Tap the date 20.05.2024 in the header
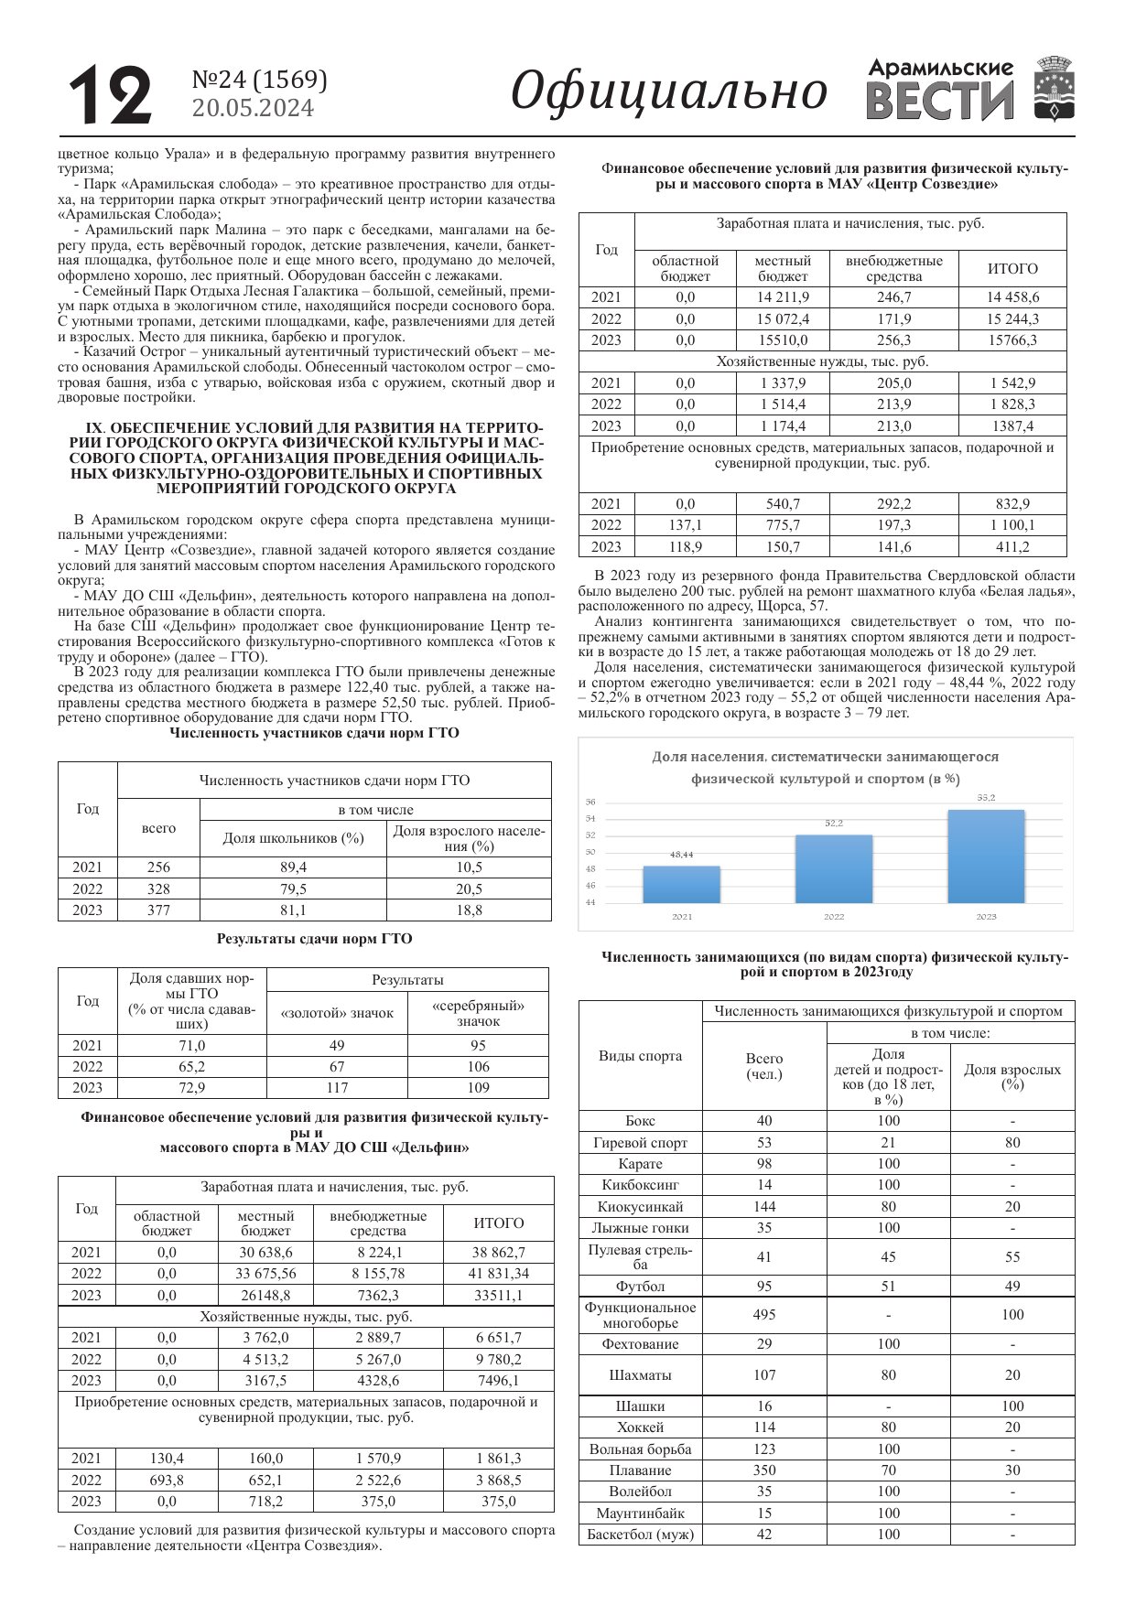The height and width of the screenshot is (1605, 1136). tap(253, 109)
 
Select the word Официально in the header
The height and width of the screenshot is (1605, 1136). tap(668, 92)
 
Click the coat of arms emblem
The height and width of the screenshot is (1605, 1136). tap(1054, 88)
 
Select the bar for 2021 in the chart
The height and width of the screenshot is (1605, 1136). tap(681, 884)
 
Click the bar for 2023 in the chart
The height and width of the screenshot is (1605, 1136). tap(985, 856)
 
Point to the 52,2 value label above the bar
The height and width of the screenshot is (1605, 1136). tap(833, 823)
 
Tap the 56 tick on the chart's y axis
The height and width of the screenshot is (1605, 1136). tap(590, 802)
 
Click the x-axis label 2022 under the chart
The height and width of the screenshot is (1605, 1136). tap(833, 916)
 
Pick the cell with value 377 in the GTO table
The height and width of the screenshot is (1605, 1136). tap(158, 910)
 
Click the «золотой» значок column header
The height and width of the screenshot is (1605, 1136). tap(337, 1013)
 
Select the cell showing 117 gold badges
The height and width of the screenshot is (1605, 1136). tap(337, 1087)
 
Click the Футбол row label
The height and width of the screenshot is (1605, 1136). tap(640, 1286)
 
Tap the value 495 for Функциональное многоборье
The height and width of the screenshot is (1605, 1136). tap(763, 1314)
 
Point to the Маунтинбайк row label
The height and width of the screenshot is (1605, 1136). tap(640, 1513)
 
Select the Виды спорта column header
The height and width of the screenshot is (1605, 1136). tap(640, 1055)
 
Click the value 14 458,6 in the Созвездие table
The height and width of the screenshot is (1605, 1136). tap(1012, 296)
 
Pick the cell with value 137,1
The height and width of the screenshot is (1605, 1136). tap(685, 524)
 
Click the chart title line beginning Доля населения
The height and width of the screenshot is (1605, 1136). tap(825, 757)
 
